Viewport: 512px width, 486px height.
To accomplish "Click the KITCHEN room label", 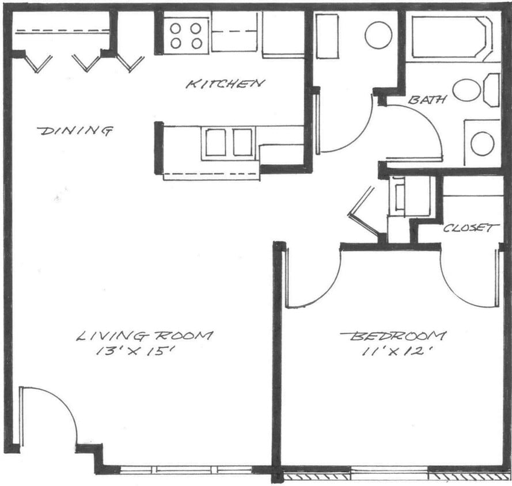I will pyautogui.click(x=225, y=84).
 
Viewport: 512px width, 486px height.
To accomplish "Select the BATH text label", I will pyautogui.click(x=427, y=100).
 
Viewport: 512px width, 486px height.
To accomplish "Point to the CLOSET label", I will pyautogui.click(x=471, y=228).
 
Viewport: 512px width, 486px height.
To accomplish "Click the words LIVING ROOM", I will pyautogui.click(x=145, y=335).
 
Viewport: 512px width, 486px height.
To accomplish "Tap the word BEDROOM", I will pyautogui.click(x=393, y=335).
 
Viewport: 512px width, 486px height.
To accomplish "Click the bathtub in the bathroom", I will pyautogui.click(x=448, y=37).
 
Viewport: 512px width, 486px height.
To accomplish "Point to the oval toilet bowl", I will pyautogui.click(x=467, y=90).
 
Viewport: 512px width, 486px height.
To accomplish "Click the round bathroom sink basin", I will pyautogui.click(x=482, y=143).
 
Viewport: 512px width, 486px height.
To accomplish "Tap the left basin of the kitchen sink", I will pyautogui.click(x=215, y=142).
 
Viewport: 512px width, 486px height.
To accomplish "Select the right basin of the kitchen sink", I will pyautogui.click(x=242, y=142).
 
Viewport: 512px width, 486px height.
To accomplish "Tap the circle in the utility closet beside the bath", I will pyautogui.click(x=378, y=35).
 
